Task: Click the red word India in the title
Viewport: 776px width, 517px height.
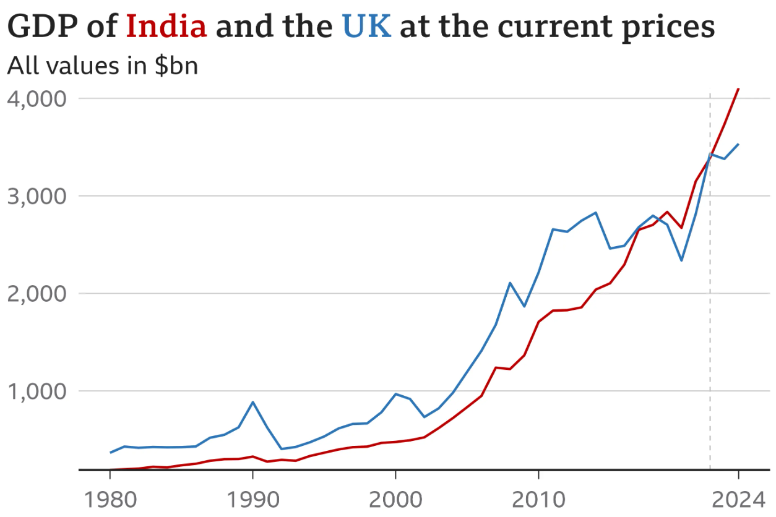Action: pyautogui.click(x=166, y=27)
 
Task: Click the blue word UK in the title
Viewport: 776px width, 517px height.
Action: pyautogui.click(x=366, y=27)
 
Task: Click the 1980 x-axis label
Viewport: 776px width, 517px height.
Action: pyautogui.click(x=110, y=498)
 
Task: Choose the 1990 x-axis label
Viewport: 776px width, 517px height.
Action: pyautogui.click(x=252, y=498)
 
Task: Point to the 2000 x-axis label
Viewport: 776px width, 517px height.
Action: pyautogui.click(x=395, y=498)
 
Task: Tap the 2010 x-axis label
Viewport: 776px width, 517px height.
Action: pyautogui.click(x=538, y=498)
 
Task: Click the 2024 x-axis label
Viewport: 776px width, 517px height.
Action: pyautogui.click(x=738, y=498)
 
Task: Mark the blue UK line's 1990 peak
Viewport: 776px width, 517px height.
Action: pyautogui.click(x=252, y=402)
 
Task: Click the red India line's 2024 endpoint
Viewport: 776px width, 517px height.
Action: pyautogui.click(x=738, y=89)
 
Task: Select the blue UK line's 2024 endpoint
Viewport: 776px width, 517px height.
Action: pyautogui.click(x=738, y=144)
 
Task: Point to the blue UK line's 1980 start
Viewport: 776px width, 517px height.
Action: pyautogui.click(x=110, y=453)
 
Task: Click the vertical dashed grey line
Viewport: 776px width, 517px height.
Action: pyautogui.click(x=710, y=309)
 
